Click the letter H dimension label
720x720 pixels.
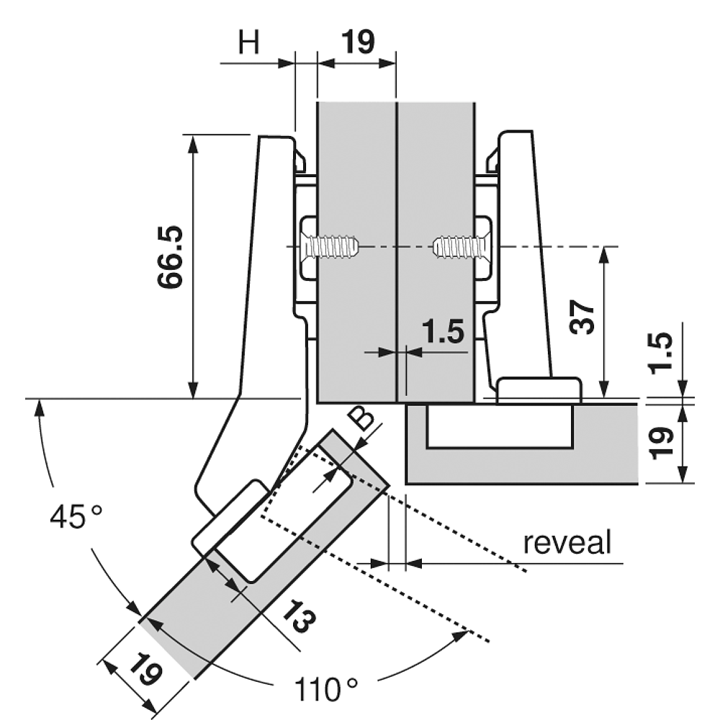coord(249,42)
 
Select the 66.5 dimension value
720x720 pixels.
coord(171,257)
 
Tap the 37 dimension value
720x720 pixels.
coord(582,318)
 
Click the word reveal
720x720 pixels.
coord(567,542)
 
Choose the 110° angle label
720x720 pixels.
coord(325,689)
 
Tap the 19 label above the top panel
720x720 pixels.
coord(358,42)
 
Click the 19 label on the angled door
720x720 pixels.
coord(145,670)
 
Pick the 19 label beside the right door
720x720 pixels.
coord(662,443)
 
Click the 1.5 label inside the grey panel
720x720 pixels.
coord(443,331)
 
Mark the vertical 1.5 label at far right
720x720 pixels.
coord(662,353)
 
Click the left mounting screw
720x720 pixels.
coord(330,247)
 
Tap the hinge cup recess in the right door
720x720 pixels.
coord(500,426)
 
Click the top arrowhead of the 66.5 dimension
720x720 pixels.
coord(193,143)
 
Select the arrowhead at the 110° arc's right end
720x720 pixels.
coord(460,636)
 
